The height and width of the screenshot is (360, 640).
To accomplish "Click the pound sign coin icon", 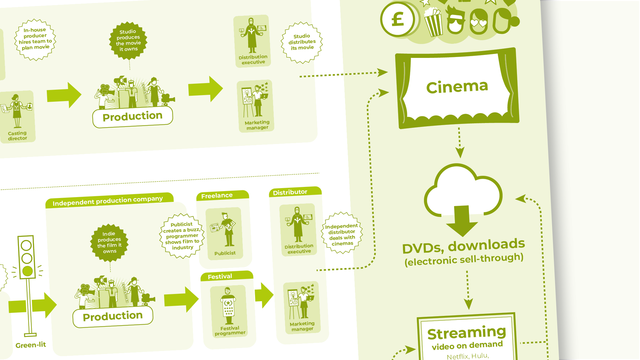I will click(398, 20).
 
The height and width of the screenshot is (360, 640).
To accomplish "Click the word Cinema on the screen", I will click(457, 87).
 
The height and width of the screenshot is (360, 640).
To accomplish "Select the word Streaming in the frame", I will click(467, 333).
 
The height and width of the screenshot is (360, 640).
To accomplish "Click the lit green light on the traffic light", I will click(27, 271).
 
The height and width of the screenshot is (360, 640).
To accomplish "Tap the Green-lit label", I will click(31, 345).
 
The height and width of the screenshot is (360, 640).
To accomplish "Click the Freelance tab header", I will click(217, 196).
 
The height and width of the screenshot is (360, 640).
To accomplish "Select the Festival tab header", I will click(220, 276).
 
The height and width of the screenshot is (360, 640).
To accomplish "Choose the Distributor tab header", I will click(290, 192).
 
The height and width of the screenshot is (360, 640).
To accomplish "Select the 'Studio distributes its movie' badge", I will click(302, 42).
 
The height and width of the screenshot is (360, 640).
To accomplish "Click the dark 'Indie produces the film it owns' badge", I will click(109, 242).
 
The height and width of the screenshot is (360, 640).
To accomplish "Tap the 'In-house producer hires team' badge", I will click(35, 39).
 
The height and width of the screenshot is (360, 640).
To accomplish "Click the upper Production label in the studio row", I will click(132, 116).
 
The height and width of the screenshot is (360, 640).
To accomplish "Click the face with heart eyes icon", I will click(478, 22).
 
